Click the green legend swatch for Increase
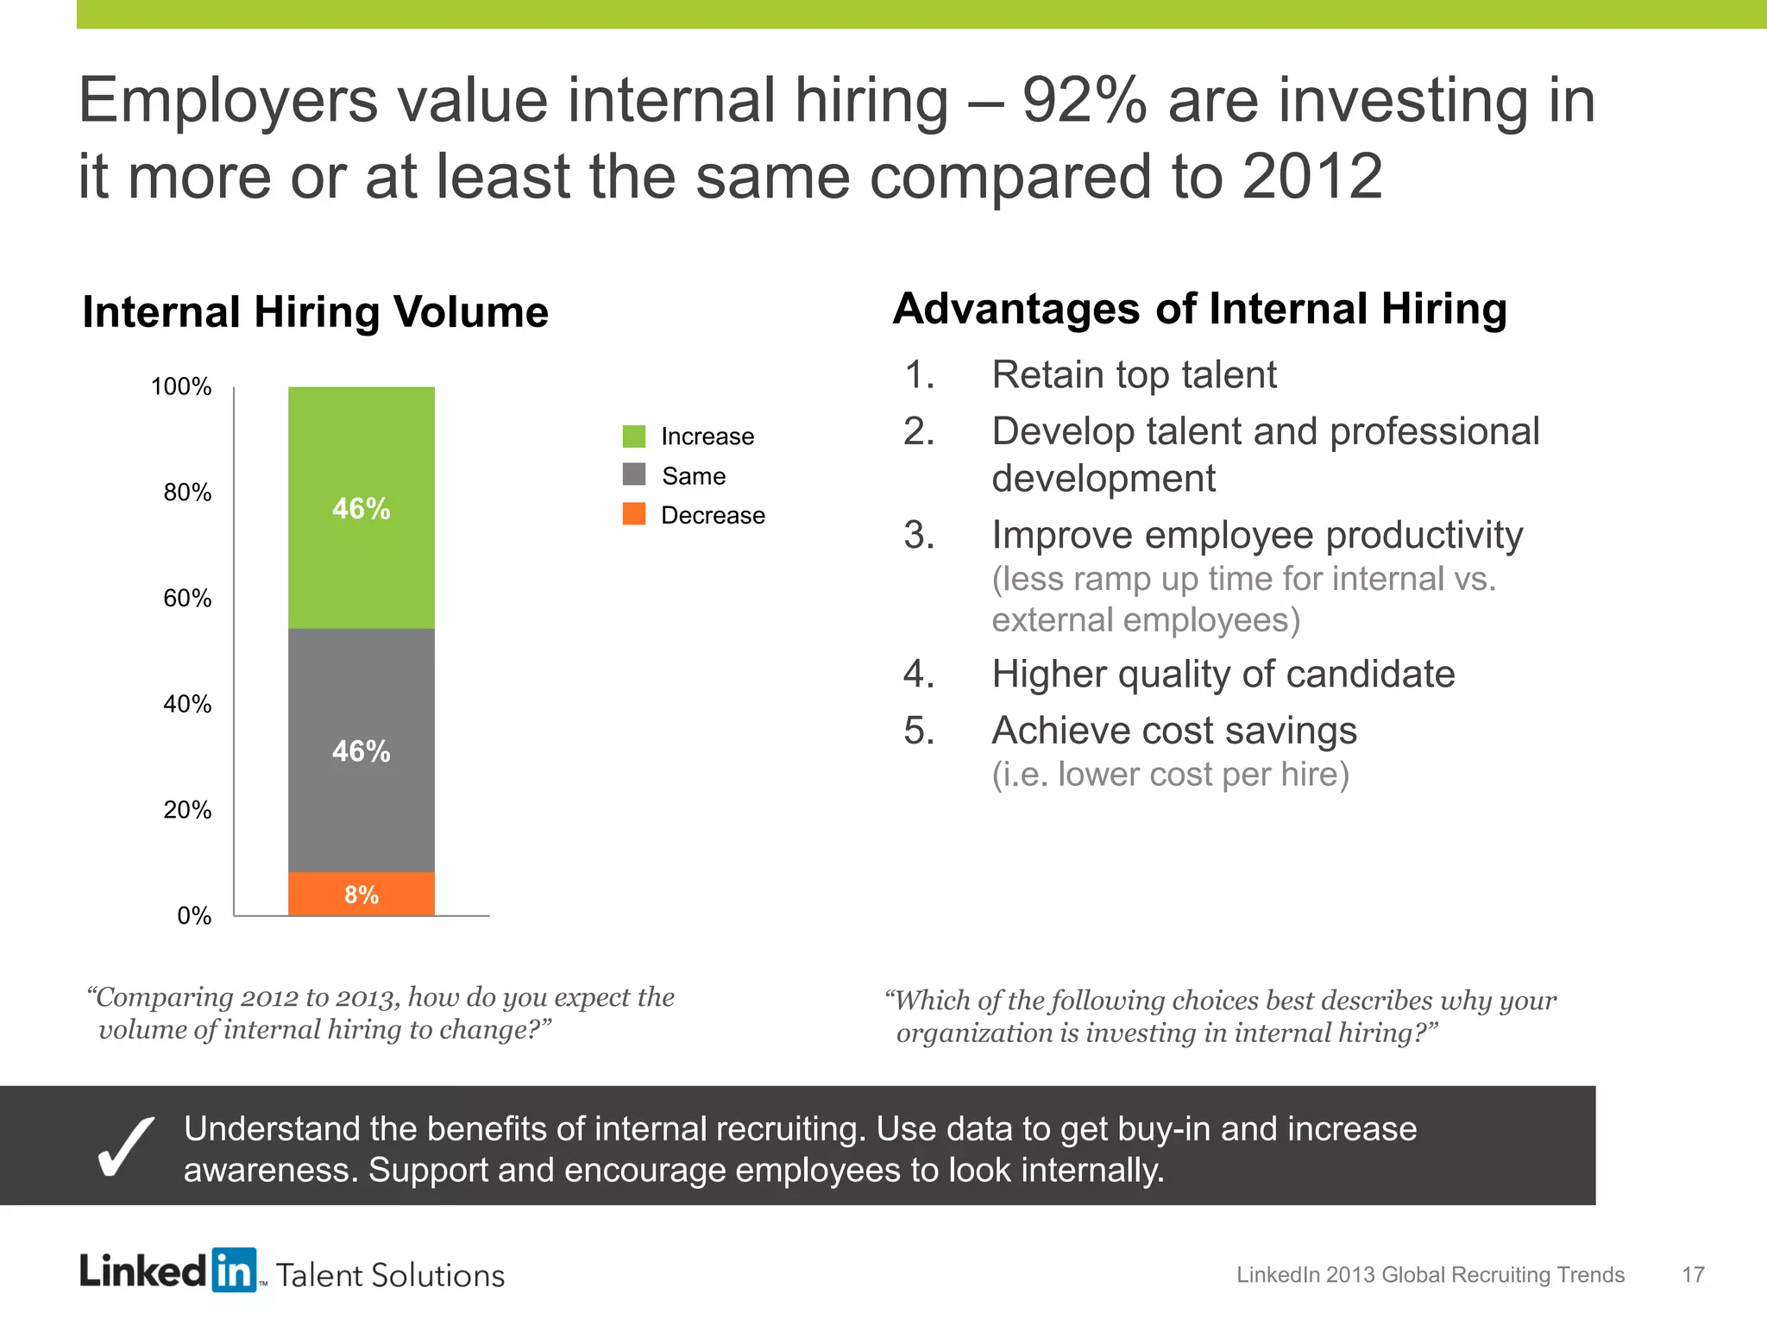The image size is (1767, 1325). coord(634,436)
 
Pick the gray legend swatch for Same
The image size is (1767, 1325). coord(634,475)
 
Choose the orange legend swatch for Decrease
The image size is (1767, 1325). coord(634,514)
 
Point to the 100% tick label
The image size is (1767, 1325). coord(181,386)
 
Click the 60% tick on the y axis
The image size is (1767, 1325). coord(187,598)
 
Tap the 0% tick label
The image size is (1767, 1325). coord(194,915)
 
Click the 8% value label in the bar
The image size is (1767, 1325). coord(362,895)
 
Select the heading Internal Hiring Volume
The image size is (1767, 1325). coord(315,311)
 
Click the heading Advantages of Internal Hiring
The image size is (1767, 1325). coord(1199,309)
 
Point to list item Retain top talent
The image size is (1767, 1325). coord(1134,374)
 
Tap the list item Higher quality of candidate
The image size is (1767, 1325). coord(1223,674)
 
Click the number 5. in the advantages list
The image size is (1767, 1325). coord(919,731)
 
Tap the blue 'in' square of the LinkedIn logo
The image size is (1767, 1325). coord(234,1270)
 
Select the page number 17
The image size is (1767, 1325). coord(1693,1275)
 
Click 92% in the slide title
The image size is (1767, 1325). coord(1085,101)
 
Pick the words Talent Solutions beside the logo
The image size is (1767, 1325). coord(390,1276)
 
